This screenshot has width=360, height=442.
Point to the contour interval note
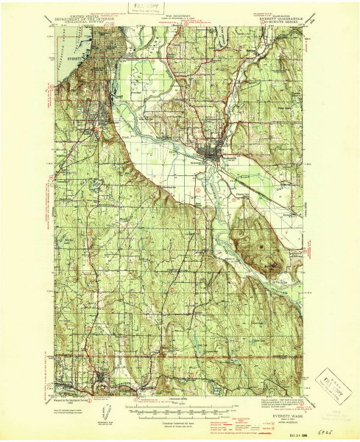[x=180, y=425]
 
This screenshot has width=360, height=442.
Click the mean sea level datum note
[x=180, y=429]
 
